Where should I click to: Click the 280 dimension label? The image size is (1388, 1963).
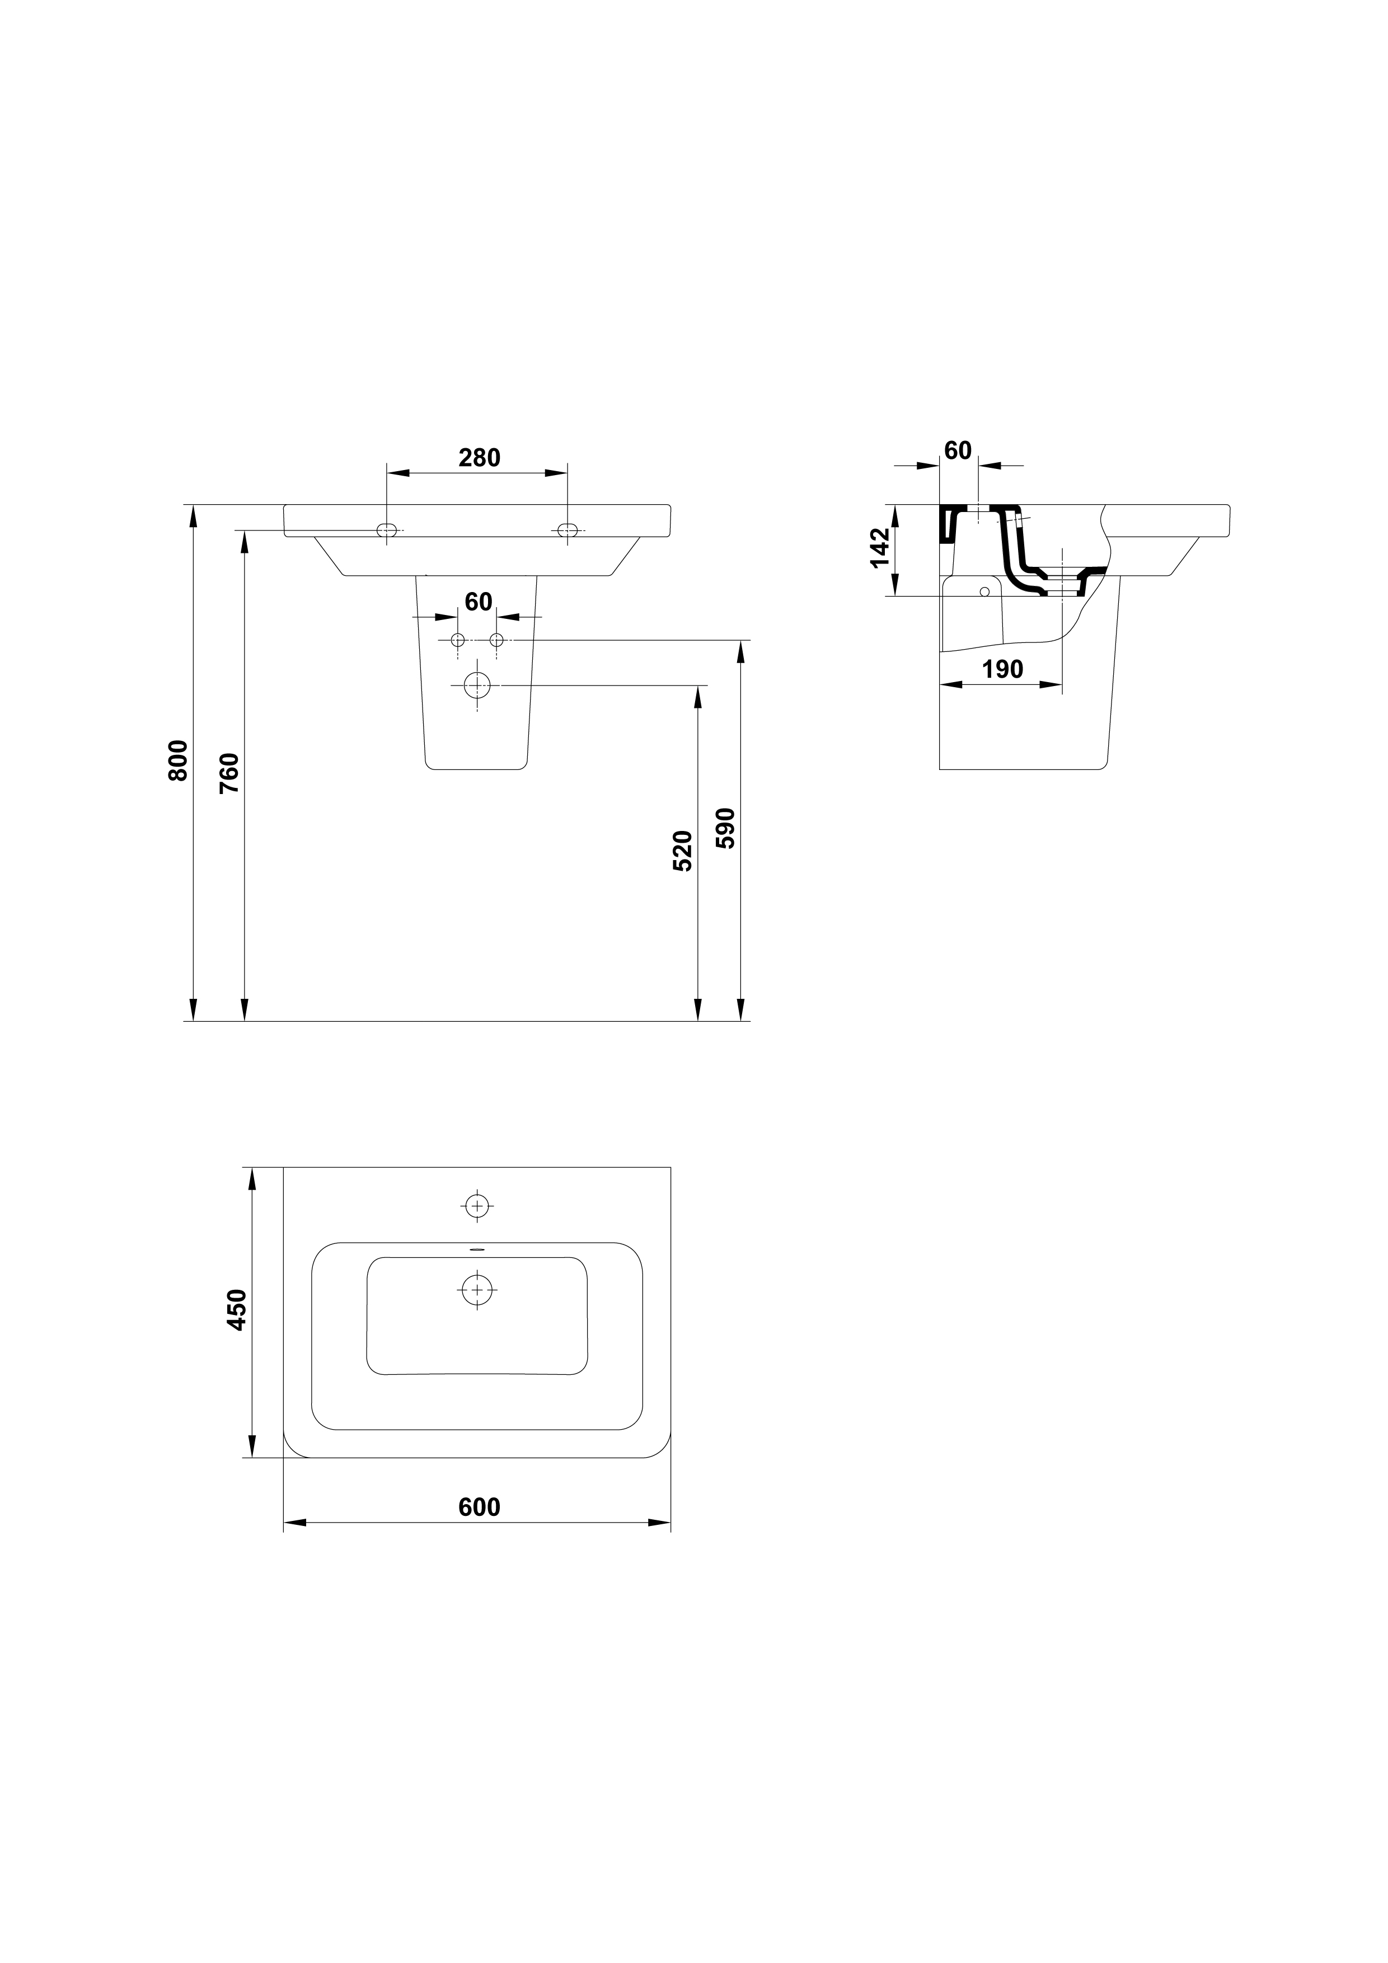tap(479, 458)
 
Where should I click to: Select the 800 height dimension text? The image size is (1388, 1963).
tap(178, 760)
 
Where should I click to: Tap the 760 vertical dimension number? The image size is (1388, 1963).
tap(229, 774)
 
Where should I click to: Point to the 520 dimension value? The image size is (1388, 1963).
tap(682, 851)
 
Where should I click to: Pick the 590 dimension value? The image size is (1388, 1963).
tap(725, 828)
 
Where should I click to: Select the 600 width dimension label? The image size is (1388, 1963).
tap(479, 1508)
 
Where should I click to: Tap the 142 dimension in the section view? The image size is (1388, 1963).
tap(879, 548)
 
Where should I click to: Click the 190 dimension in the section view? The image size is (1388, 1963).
tap(1002, 669)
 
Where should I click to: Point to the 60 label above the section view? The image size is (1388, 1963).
tap(958, 450)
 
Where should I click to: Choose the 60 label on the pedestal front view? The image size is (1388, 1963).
tap(479, 602)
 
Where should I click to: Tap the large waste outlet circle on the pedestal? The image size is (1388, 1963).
tap(477, 685)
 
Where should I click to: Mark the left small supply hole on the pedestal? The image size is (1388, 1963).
tap(457, 640)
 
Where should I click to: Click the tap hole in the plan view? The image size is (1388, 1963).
tap(477, 1205)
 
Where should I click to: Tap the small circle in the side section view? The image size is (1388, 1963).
tap(984, 591)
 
